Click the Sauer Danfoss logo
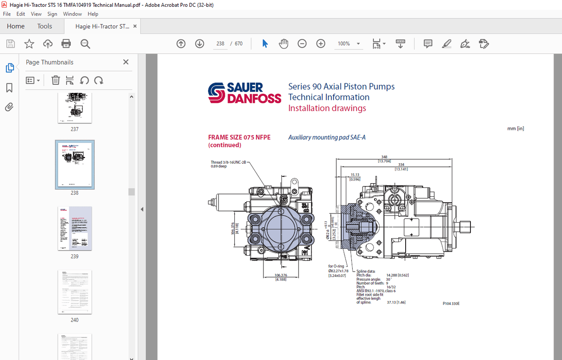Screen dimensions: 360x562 244,93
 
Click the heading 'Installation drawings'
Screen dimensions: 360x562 327,108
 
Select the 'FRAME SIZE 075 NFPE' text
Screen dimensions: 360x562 239,137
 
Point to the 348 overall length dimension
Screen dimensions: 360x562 384,157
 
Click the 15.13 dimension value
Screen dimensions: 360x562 355,175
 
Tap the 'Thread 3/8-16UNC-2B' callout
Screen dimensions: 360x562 228,162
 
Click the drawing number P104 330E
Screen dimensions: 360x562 451,303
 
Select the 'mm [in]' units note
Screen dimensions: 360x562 515,129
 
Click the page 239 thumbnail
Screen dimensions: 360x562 75,229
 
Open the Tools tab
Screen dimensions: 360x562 44,26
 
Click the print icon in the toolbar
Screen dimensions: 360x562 66,44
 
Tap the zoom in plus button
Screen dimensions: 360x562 321,44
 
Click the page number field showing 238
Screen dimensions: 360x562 220,44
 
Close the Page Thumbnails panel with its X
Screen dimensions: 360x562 126,62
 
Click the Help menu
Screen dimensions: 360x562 93,14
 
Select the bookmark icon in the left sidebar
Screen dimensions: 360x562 10,88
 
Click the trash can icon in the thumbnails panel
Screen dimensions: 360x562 55,81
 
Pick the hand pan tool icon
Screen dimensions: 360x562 284,44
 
